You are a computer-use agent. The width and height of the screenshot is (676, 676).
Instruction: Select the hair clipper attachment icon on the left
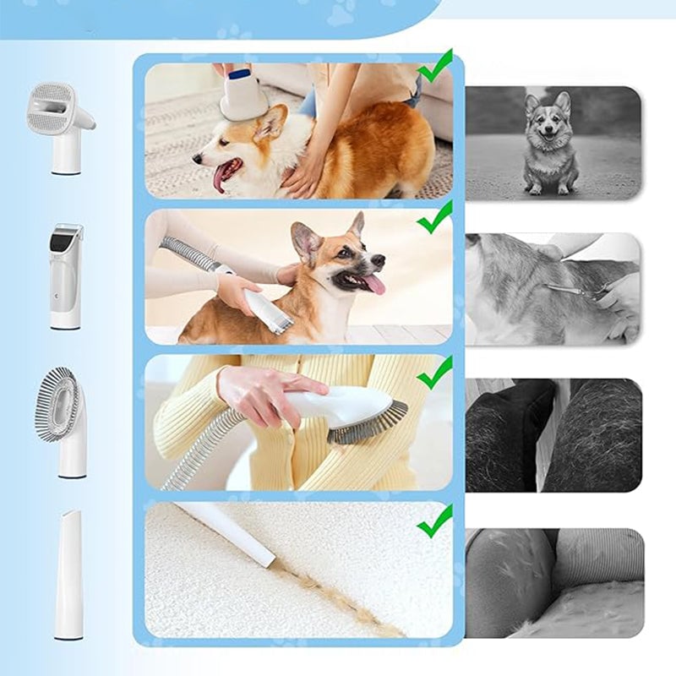click(66, 275)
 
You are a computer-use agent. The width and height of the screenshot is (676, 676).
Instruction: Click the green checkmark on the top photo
click(435, 67)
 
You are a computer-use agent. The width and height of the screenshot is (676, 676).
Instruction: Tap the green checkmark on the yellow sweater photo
click(435, 373)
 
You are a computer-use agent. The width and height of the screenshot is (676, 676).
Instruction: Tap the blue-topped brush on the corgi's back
click(243, 95)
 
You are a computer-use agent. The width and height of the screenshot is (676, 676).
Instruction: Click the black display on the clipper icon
click(66, 241)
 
